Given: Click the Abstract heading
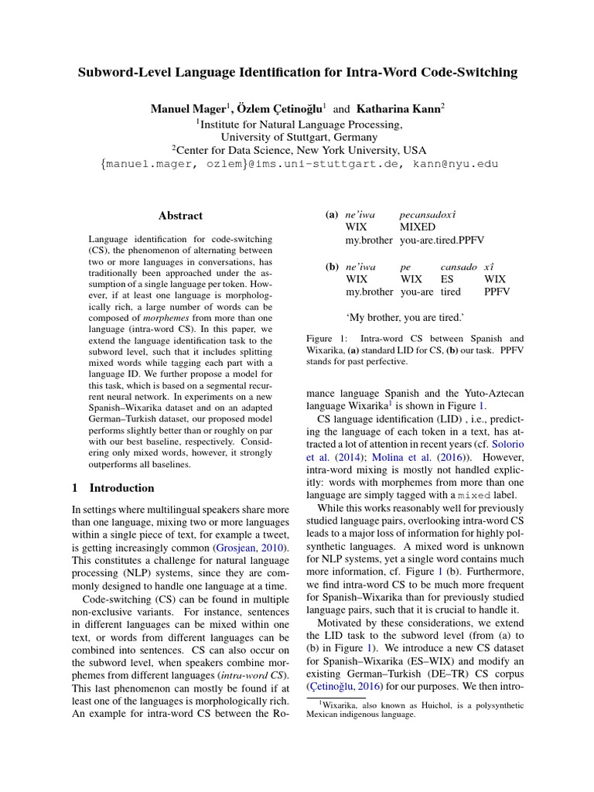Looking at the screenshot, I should point(180,216).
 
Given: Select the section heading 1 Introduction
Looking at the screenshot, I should point(113,488).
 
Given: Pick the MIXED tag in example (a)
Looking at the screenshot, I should point(418,227).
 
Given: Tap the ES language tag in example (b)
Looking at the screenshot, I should point(448,279).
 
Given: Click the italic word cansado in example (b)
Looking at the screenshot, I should point(459,266).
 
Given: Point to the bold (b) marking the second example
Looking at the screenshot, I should point(333,266).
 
